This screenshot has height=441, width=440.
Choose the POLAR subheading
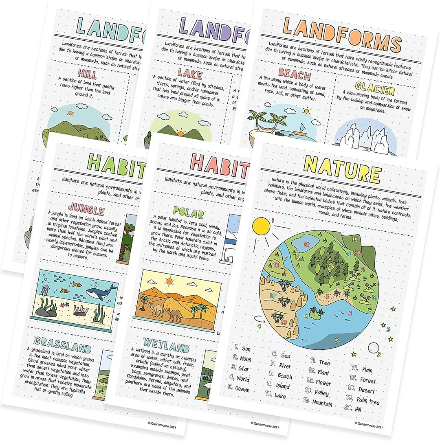point(188,211)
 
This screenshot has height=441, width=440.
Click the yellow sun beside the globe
point(262,227)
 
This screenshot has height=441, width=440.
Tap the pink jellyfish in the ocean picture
point(45,290)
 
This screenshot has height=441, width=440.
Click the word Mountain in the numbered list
point(322,403)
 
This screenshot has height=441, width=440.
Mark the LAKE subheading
point(189,74)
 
